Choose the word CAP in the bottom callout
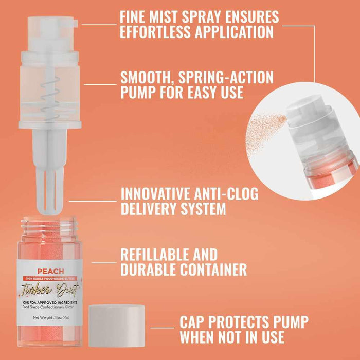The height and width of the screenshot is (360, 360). tap(194, 322)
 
